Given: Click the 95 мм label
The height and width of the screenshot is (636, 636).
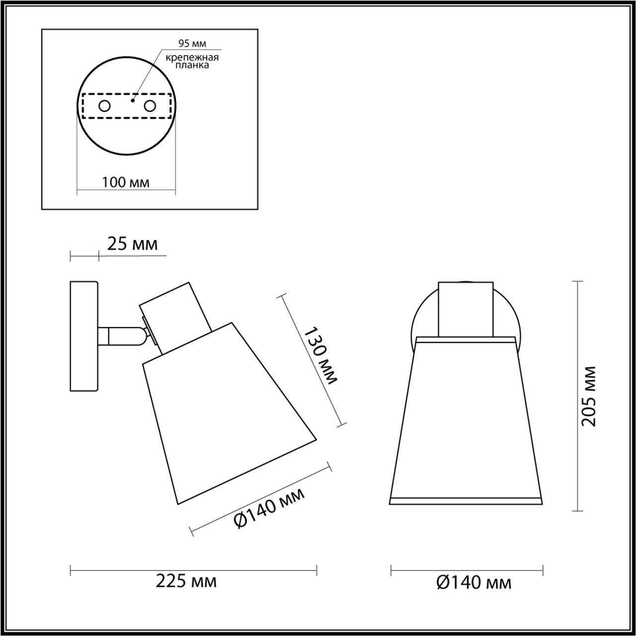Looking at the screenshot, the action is coord(192,43).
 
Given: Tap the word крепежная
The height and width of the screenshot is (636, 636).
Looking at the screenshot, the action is coord(192,58).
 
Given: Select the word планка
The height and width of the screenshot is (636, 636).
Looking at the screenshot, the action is coord(192,65).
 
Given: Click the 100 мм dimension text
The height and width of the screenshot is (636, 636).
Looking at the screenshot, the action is coord(126,182).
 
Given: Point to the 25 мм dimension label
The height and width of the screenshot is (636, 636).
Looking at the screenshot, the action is coord(132,244).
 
